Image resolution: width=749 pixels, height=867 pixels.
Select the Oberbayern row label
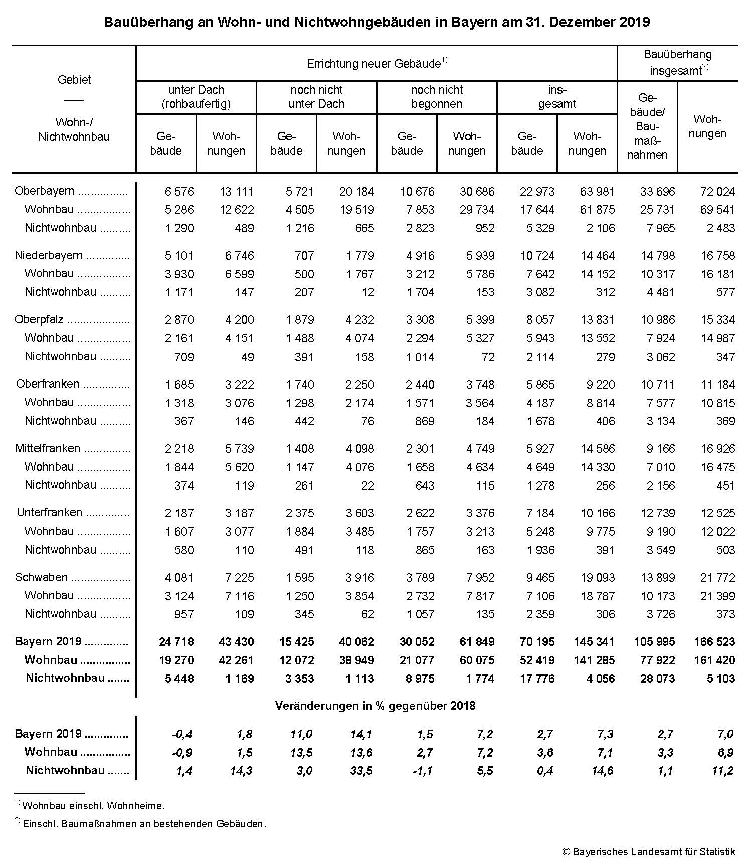tap(44, 191)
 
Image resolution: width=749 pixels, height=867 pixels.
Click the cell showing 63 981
tap(597, 192)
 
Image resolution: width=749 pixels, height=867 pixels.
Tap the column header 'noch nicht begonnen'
tap(437, 97)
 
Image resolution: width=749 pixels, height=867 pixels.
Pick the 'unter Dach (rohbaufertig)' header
tap(196, 97)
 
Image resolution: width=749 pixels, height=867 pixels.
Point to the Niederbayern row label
tap(48, 255)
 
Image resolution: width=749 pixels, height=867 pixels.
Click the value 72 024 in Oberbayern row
tap(717, 192)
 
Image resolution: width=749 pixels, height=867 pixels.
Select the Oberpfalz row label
tap(40, 320)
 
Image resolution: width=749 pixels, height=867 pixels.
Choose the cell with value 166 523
tap(714, 642)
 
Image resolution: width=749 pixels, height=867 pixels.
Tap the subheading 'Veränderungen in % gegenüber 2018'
tap(375, 706)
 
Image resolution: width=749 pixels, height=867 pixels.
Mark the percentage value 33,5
tap(361, 771)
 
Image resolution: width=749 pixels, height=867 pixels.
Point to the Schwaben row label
tap(41, 577)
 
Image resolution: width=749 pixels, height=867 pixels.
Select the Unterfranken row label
tap(49, 513)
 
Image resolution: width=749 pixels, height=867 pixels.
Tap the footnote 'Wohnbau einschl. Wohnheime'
tap(93, 806)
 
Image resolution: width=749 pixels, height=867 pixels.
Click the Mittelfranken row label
tap(48, 448)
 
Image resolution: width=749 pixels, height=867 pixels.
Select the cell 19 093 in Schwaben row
tap(597, 578)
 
